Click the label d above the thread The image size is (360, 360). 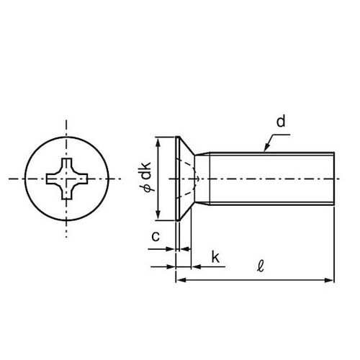281,122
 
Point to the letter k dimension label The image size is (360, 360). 215,258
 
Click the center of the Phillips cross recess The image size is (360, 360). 66,176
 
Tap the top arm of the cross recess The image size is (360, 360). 66,162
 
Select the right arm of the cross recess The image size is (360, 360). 81,176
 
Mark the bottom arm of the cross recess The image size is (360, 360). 66,192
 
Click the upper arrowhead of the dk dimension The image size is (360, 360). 158,140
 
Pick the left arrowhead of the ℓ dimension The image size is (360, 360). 179,277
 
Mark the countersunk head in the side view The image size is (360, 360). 184,177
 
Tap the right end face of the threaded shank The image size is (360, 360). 334,177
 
